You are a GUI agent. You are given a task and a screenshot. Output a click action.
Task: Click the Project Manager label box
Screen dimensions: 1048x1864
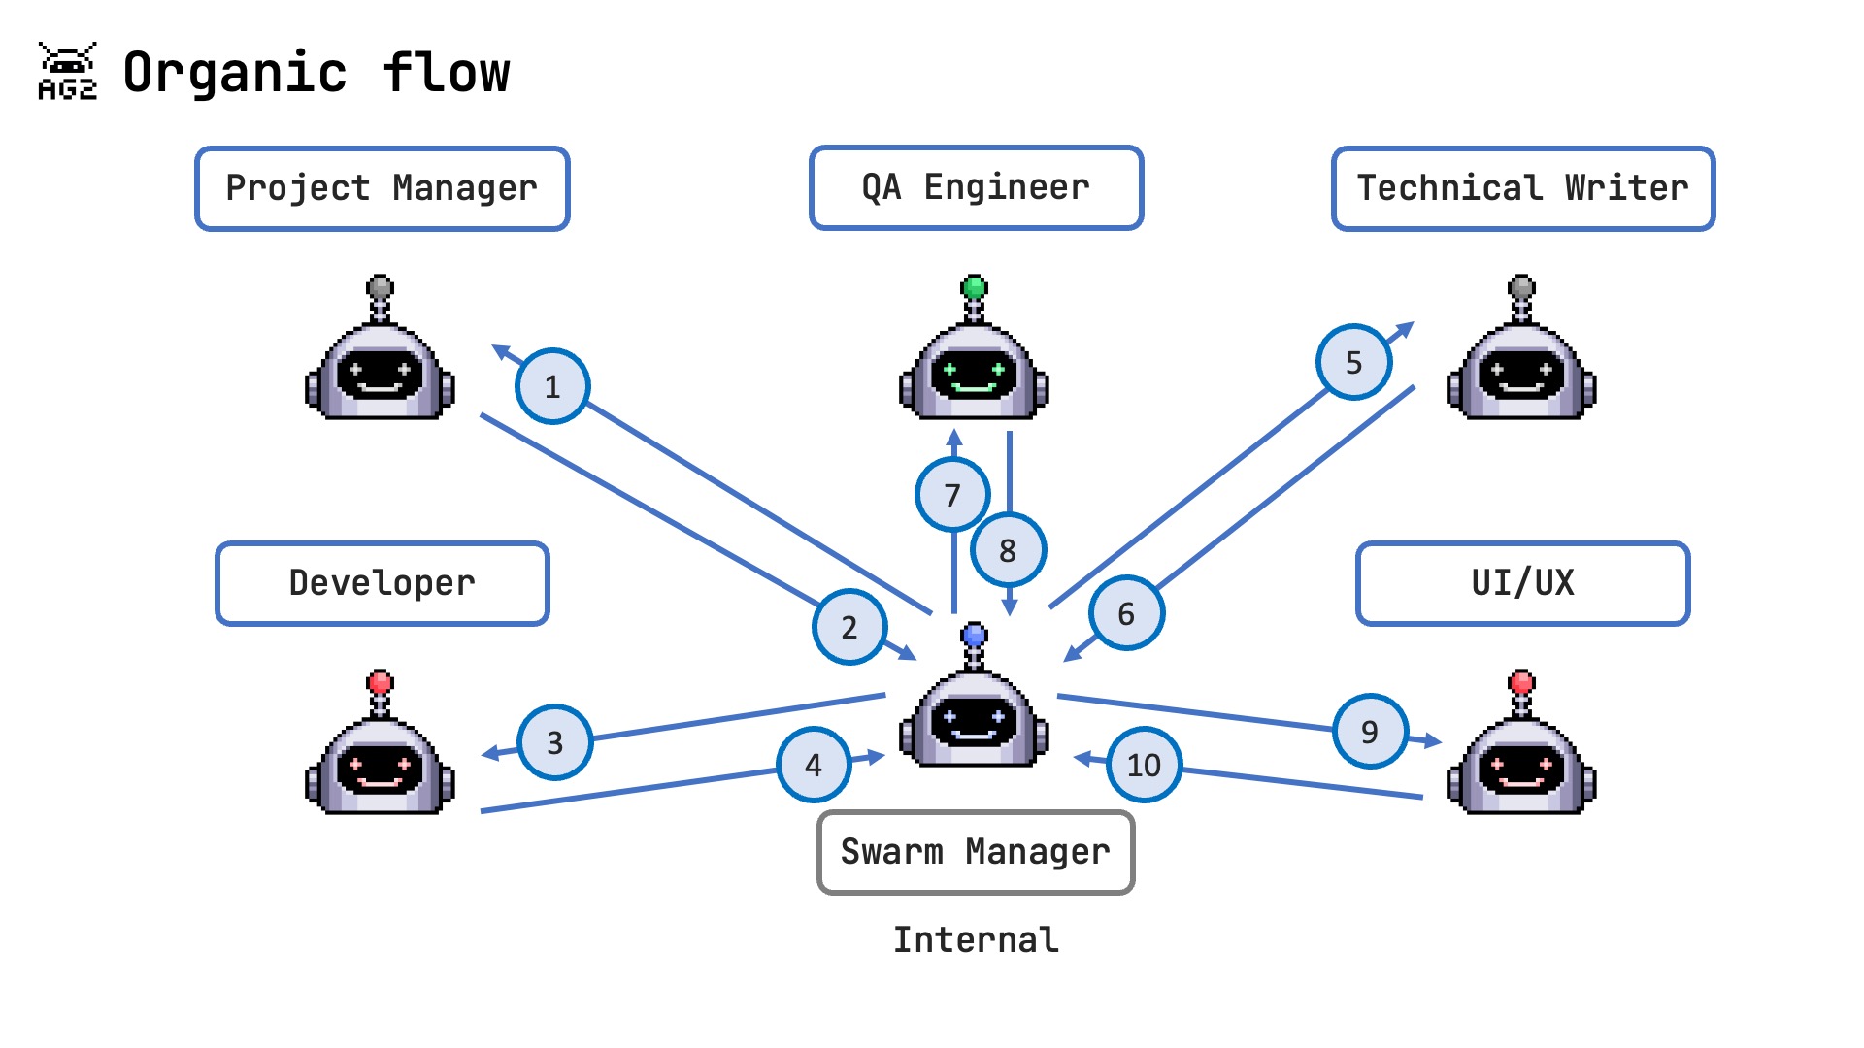382,188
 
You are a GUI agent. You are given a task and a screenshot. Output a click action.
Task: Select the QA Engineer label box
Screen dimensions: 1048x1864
976,187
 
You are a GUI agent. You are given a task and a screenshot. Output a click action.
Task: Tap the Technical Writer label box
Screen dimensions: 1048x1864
1522,188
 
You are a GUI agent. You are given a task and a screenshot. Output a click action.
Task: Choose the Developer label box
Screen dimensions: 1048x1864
382,583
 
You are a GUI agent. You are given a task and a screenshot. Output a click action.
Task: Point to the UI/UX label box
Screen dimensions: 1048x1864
1522,583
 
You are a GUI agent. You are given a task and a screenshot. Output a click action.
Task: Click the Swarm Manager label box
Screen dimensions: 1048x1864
976,852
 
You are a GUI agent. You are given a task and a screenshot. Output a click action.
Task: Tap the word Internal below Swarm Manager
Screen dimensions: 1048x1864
976,939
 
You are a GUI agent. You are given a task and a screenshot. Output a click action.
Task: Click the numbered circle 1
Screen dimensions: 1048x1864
552,386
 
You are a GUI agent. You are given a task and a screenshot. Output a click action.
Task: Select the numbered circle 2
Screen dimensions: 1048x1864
849,627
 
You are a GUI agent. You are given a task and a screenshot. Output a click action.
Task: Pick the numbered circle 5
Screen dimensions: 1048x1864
1353,362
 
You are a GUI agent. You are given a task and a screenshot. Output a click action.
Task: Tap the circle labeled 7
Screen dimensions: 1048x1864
952,495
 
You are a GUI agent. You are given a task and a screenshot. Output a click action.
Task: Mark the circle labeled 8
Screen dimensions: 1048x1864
1008,550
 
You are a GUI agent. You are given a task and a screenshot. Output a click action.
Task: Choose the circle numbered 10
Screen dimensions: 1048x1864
1144,765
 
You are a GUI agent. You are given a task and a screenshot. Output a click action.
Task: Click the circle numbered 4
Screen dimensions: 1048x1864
814,765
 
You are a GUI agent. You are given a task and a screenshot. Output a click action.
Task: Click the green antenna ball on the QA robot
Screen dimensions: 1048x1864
974,287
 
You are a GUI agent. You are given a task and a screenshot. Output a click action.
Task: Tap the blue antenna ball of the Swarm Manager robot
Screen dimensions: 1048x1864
974,636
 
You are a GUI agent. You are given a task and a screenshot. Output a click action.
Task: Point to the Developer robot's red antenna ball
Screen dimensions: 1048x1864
381,681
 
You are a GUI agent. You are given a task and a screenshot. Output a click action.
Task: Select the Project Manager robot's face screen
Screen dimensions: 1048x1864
381,375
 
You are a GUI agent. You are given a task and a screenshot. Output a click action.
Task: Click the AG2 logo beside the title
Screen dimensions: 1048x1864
67,72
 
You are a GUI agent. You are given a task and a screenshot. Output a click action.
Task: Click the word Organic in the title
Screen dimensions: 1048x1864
235,73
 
